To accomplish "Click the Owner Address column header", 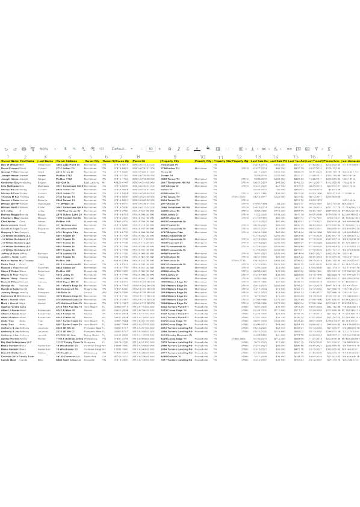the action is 69,161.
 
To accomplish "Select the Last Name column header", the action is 46,161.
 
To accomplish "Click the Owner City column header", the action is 92,161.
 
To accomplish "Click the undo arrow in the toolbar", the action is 6,148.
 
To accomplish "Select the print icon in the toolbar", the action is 23,148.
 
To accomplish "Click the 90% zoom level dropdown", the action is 45,148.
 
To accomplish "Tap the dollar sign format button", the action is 65,148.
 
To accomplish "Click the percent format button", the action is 74,148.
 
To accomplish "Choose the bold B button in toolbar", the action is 170,148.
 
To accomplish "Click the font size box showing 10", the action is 151,148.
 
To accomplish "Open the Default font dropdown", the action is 120,148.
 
